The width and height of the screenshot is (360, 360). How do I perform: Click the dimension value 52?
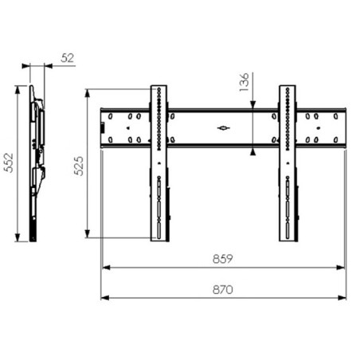pos(67,58)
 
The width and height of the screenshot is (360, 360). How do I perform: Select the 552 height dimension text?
pos(9,162)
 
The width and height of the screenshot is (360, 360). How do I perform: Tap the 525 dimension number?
pos(79,166)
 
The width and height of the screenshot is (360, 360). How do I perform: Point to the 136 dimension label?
pos(244,82)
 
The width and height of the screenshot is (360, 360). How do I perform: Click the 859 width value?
pos(223,259)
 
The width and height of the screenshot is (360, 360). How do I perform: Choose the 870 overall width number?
pos(223,289)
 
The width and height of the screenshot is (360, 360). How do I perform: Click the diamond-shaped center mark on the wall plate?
pos(224,128)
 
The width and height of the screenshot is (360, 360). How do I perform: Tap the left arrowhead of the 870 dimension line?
pos(105,298)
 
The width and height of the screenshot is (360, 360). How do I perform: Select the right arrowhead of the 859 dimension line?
pos(340,268)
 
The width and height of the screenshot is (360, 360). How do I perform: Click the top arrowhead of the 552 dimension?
pos(18,90)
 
